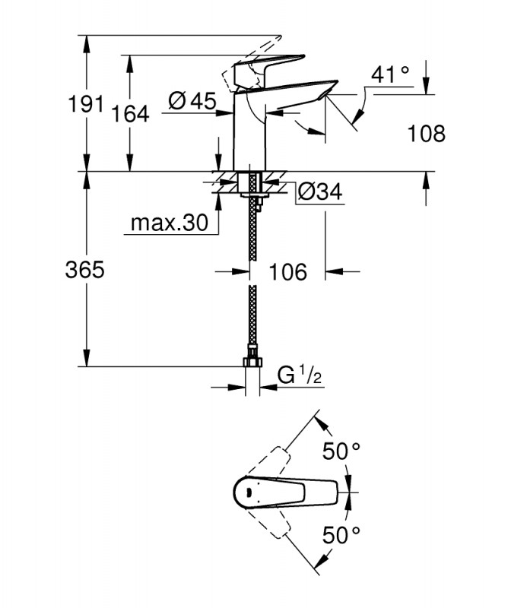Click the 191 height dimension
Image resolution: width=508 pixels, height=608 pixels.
click(86, 104)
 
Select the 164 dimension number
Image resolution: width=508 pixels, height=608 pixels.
click(130, 114)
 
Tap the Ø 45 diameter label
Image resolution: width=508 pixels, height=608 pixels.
click(192, 102)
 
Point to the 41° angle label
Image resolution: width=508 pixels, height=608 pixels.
click(390, 74)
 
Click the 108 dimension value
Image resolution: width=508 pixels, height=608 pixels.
click(427, 134)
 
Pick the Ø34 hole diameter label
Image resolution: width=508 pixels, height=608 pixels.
click(320, 192)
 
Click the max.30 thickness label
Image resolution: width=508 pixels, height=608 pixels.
click(170, 223)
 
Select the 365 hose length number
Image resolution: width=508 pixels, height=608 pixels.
click(85, 270)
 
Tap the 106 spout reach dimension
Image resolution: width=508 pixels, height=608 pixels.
click(288, 272)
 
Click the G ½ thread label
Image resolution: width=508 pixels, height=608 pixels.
click(300, 375)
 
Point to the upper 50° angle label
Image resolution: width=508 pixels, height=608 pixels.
click(341, 451)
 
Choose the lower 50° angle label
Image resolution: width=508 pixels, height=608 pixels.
click(341, 536)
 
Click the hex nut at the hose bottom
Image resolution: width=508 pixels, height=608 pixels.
click(252, 363)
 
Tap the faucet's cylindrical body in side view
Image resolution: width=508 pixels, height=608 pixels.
click(249, 131)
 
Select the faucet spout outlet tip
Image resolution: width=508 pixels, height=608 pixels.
click(325, 96)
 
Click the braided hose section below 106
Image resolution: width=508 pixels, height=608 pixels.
click(252, 314)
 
